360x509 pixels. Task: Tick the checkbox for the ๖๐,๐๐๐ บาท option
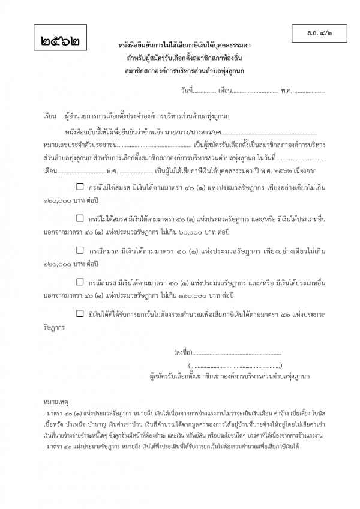coord(80,218)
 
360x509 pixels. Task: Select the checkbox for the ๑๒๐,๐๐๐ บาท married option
coord(80,280)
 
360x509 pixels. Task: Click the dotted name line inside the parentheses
coord(235,365)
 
